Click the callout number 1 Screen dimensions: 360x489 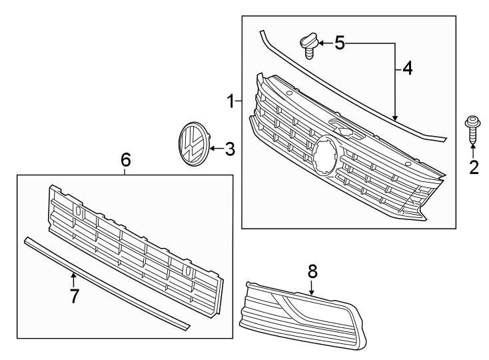229,102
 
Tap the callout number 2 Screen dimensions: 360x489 474,167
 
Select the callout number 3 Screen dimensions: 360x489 229,149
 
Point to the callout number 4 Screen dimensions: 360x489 407,68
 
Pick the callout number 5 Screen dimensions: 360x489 340,44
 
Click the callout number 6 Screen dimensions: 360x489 125,159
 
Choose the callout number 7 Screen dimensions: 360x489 74,295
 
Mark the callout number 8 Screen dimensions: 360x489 312,271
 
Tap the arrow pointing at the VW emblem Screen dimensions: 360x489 213,149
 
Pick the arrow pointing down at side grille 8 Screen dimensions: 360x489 312,287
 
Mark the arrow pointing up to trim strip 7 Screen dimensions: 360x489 74,277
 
